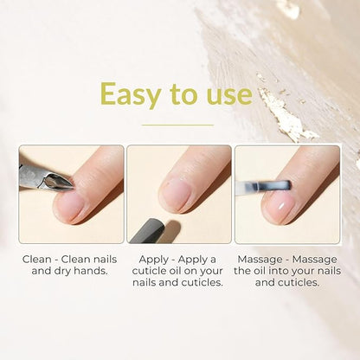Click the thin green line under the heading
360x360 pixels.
pyautogui.click(x=178, y=125)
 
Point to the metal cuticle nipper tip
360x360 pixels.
pyautogui.click(x=72, y=187)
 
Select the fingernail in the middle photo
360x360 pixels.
pyautogui.click(x=176, y=196)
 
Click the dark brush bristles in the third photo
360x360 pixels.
pyautogui.click(x=277, y=186)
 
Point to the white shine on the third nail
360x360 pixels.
pyautogui.click(x=281, y=207)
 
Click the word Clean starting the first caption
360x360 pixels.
pyautogui.click(x=37, y=260)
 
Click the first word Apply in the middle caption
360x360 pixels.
pyautogui.click(x=153, y=260)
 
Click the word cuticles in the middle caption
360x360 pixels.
pyautogui.click(x=202, y=282)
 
